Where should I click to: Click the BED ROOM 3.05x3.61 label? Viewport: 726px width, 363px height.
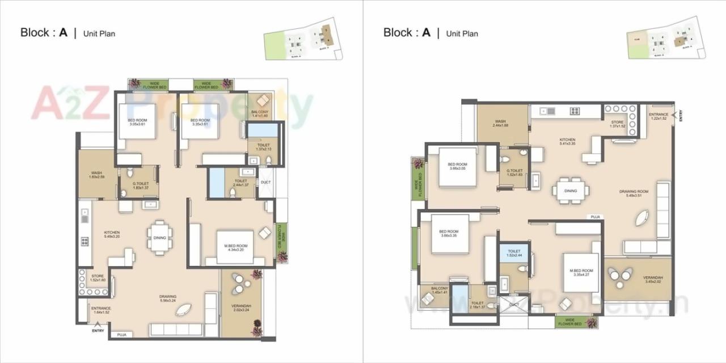click(137, 123)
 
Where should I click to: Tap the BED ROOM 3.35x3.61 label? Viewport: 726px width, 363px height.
click(200, 123)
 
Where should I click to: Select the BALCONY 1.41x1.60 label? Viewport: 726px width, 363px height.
click(259, 114)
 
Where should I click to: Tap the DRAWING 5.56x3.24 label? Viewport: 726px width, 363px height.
click(168, 299)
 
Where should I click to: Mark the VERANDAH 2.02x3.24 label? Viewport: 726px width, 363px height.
click(242, 308)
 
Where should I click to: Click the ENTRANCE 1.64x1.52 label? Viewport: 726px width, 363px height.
click(101, 310)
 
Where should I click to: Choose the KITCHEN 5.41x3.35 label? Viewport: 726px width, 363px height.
click(567, 142)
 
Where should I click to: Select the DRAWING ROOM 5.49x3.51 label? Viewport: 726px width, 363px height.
click(634, 194)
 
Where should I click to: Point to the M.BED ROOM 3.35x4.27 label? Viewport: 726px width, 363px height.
click(581, 273)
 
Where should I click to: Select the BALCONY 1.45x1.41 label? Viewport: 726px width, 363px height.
click(440, 290)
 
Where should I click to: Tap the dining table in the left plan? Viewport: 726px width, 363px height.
click(159, 238)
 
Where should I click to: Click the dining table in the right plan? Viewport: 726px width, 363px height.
click(571, 191)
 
